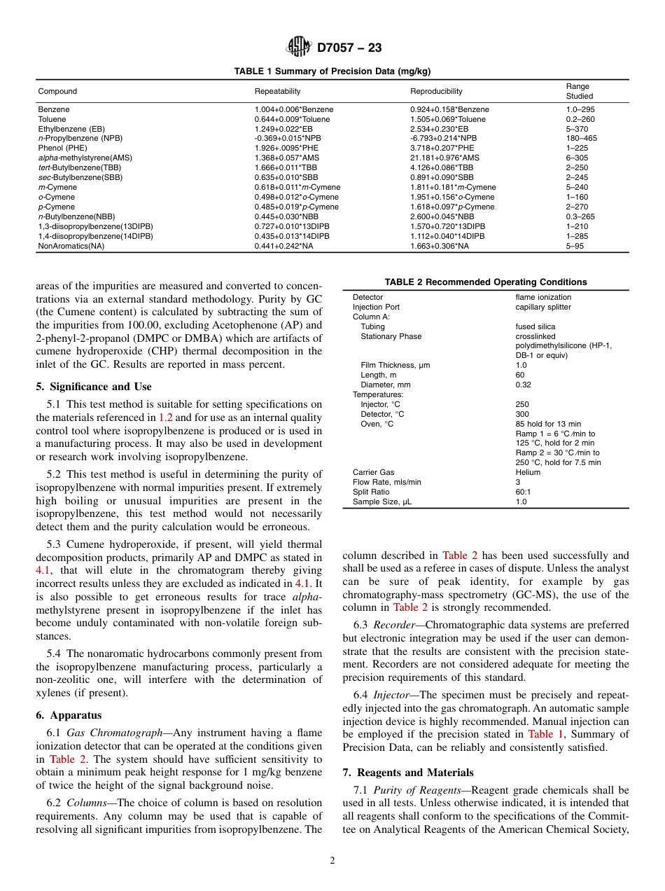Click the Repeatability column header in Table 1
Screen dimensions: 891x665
tap(277, 91)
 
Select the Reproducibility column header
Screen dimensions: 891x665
tap(436, 91)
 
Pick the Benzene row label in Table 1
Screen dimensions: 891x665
tap(53, 109)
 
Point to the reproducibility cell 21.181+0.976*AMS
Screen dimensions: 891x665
tap(444, 158)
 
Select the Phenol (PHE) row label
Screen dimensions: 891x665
tap(62, 148)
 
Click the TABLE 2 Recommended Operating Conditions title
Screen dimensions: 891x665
tap(485, 282)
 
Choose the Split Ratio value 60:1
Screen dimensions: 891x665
tap(523, 492)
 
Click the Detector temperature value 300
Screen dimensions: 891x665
tap(521, 414)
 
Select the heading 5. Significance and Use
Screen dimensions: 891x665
tap(93, 387)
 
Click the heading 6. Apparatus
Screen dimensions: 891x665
tap(69, 715)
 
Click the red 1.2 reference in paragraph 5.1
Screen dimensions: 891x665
tap(165, 417)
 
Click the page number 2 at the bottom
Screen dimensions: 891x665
tap(332, 861)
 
